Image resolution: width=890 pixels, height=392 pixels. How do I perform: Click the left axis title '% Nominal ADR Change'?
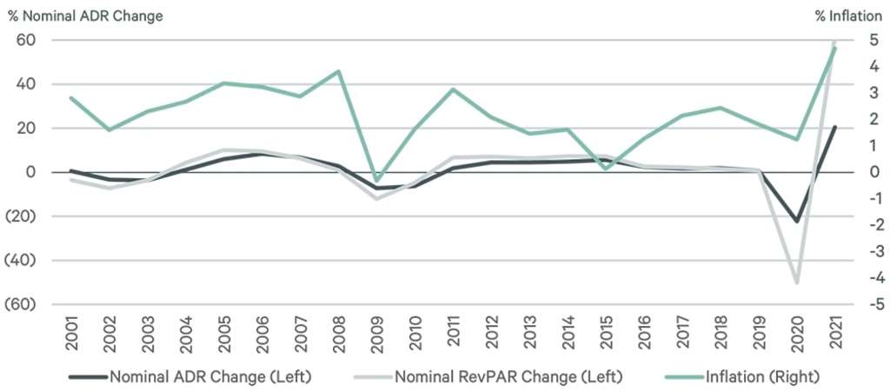pos(84,16)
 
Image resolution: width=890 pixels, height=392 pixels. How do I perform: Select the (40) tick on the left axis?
pos(22,260)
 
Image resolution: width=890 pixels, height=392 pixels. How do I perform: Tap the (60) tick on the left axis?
pos(22,304)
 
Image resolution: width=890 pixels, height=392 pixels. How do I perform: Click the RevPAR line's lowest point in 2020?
pos(797,282)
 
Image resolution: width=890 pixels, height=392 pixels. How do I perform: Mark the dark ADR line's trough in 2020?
pos(797,221)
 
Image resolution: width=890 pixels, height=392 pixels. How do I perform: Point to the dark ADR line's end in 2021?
pos(835,127)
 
